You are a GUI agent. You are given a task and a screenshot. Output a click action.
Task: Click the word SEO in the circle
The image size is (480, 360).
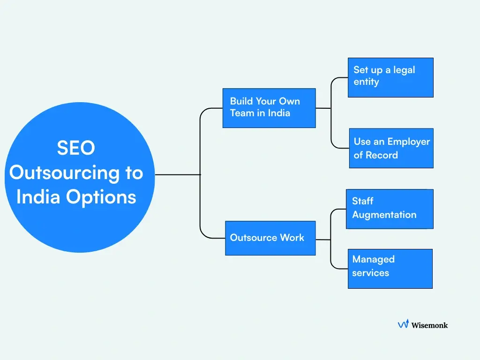[x=76, y=148]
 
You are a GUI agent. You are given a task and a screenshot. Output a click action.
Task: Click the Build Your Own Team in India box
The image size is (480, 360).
[x=269, y=108]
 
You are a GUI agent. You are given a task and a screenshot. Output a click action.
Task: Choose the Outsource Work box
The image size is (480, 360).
[x=270, y=238]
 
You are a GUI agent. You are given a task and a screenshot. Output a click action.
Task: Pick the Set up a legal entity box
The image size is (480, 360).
[x=390, y=77]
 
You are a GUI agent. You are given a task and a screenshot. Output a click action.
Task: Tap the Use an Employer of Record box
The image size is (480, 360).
[x=391, y=148]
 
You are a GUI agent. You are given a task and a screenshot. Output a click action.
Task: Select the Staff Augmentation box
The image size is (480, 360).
[x=389, y=209]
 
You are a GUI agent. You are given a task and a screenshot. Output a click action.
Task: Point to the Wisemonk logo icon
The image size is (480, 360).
[x=403, y=324]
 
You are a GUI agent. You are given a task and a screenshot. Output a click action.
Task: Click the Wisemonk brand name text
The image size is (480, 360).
[x=429, y=325]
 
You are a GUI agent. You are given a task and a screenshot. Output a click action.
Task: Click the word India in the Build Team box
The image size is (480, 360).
[x=279, y=113]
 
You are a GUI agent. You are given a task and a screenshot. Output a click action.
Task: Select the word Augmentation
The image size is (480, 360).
[x=384, y=215]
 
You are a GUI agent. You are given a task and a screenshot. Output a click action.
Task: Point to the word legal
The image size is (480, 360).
[x=404, y=70]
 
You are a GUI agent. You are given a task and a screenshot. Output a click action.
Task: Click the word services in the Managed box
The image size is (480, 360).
[x=370, y=273]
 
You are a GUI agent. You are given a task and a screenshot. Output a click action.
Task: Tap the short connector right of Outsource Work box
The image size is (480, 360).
[x=323, y=239]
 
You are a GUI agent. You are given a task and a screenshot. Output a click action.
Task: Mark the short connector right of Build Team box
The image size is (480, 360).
[x=323, y=108]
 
